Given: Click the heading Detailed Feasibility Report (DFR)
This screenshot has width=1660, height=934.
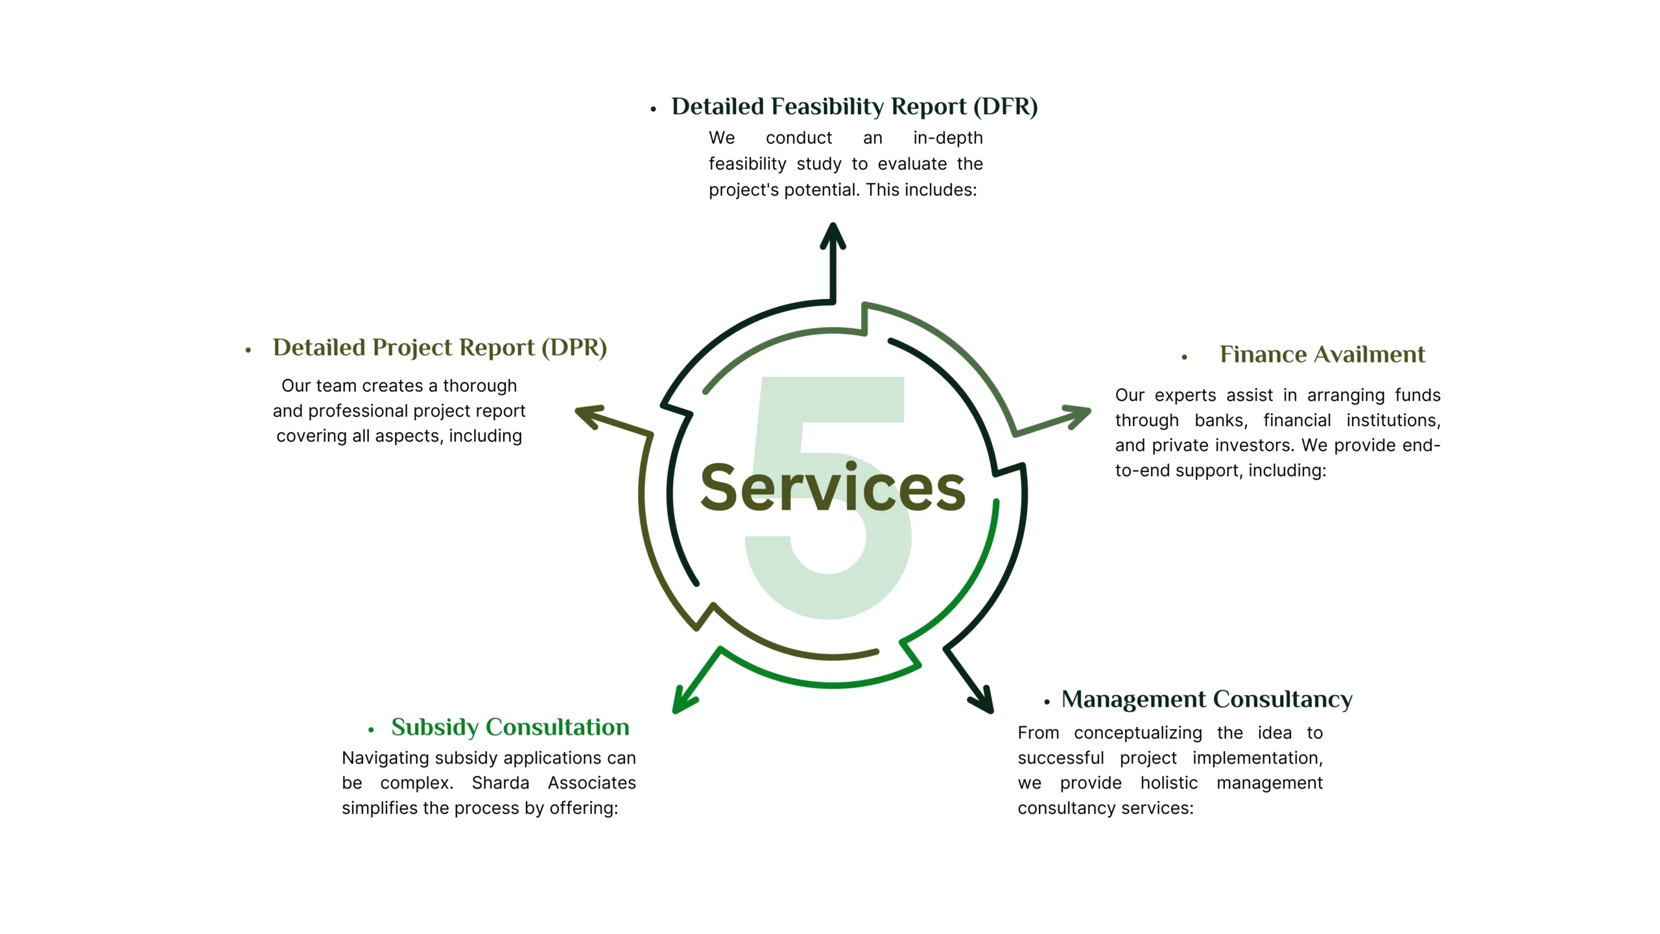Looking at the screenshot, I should (x=854, y=106).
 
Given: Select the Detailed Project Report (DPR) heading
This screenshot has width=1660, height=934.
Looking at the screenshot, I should (x=440, y=348).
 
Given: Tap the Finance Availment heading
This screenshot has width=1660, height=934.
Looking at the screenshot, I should (x=1322, y=354).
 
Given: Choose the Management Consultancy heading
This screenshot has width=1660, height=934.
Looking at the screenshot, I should (x=1207, y=699).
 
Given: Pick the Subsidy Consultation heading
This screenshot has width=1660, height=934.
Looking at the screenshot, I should (x=510, y=727).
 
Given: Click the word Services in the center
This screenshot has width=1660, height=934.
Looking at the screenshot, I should (x=833, y=488).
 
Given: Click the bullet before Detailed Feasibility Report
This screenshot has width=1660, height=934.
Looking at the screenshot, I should (x=653, y=109).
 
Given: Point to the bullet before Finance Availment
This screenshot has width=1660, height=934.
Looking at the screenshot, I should (x=1184, y=357).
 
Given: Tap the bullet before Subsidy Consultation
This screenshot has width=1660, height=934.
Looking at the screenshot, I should (x=371, y=730).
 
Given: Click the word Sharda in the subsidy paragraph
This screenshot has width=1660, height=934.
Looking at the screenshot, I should (x=500, y=783).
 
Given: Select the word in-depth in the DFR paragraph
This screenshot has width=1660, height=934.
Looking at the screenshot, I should (x=947, y=138).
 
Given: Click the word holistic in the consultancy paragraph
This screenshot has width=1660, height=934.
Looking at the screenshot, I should (x=1168, y=783).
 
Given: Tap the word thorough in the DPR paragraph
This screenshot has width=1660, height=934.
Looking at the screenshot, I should (x=479, y=386).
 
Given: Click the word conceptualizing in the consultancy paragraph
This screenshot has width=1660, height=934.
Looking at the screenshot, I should (x=1137, y=733).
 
